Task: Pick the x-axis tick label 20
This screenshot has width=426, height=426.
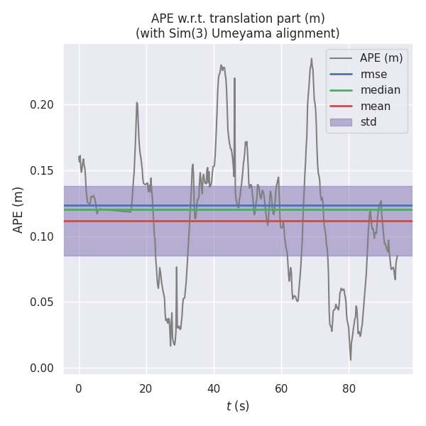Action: [146, 388]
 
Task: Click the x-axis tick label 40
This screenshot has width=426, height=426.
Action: [214, 388]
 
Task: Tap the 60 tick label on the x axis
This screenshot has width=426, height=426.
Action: [281, 388]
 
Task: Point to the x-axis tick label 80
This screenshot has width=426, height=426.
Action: [349, 388]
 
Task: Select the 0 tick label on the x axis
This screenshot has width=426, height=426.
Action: [79, 388]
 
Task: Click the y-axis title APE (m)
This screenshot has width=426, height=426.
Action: [18, 209]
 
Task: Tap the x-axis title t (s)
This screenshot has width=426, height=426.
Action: [238, 407]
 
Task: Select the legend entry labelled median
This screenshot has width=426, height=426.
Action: [380, 90]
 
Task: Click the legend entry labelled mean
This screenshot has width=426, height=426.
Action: [375, 106]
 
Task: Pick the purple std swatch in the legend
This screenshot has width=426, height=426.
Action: [341, 122]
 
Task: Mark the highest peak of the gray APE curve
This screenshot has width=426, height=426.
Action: [311, 58]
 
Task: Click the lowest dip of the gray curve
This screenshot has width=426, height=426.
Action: [350, 359]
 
